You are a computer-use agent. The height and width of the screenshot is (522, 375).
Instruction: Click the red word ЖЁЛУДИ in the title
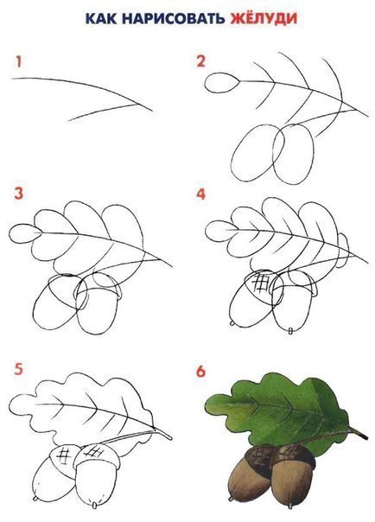[x=264, y=18]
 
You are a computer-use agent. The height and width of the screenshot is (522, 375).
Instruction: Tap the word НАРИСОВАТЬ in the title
[x=173, y=19]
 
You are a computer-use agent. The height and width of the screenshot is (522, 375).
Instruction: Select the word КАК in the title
[x=101, y=19]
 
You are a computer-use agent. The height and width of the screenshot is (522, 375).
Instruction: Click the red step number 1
[x=19, y=62]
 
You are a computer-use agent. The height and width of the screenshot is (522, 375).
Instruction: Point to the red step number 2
[x=201, y=61]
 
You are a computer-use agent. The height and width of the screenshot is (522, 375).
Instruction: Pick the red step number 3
[x=19, y=193]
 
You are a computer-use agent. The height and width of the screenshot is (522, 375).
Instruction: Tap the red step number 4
[x=201, y=194]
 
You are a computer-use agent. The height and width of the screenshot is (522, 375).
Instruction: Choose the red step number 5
[x=19, y=370]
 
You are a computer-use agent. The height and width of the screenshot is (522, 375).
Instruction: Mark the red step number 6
[x=200, y=371]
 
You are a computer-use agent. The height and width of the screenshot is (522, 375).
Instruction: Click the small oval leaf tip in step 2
[x=221, y=82]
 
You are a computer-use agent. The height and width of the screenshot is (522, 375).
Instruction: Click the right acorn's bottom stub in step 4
[x=290, y=331]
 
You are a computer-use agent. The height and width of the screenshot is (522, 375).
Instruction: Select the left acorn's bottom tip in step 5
[x=35, y=499]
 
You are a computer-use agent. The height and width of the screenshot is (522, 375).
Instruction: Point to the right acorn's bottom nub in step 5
[x=94, y=506]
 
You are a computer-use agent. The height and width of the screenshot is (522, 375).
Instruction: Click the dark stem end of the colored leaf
[x=361, y=434]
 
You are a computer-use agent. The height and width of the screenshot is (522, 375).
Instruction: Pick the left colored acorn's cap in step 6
[x=258, y=457]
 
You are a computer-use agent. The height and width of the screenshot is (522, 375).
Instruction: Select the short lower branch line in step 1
[x=103, y=112]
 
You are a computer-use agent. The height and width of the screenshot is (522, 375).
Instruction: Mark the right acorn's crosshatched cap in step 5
[x=96, y=457]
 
